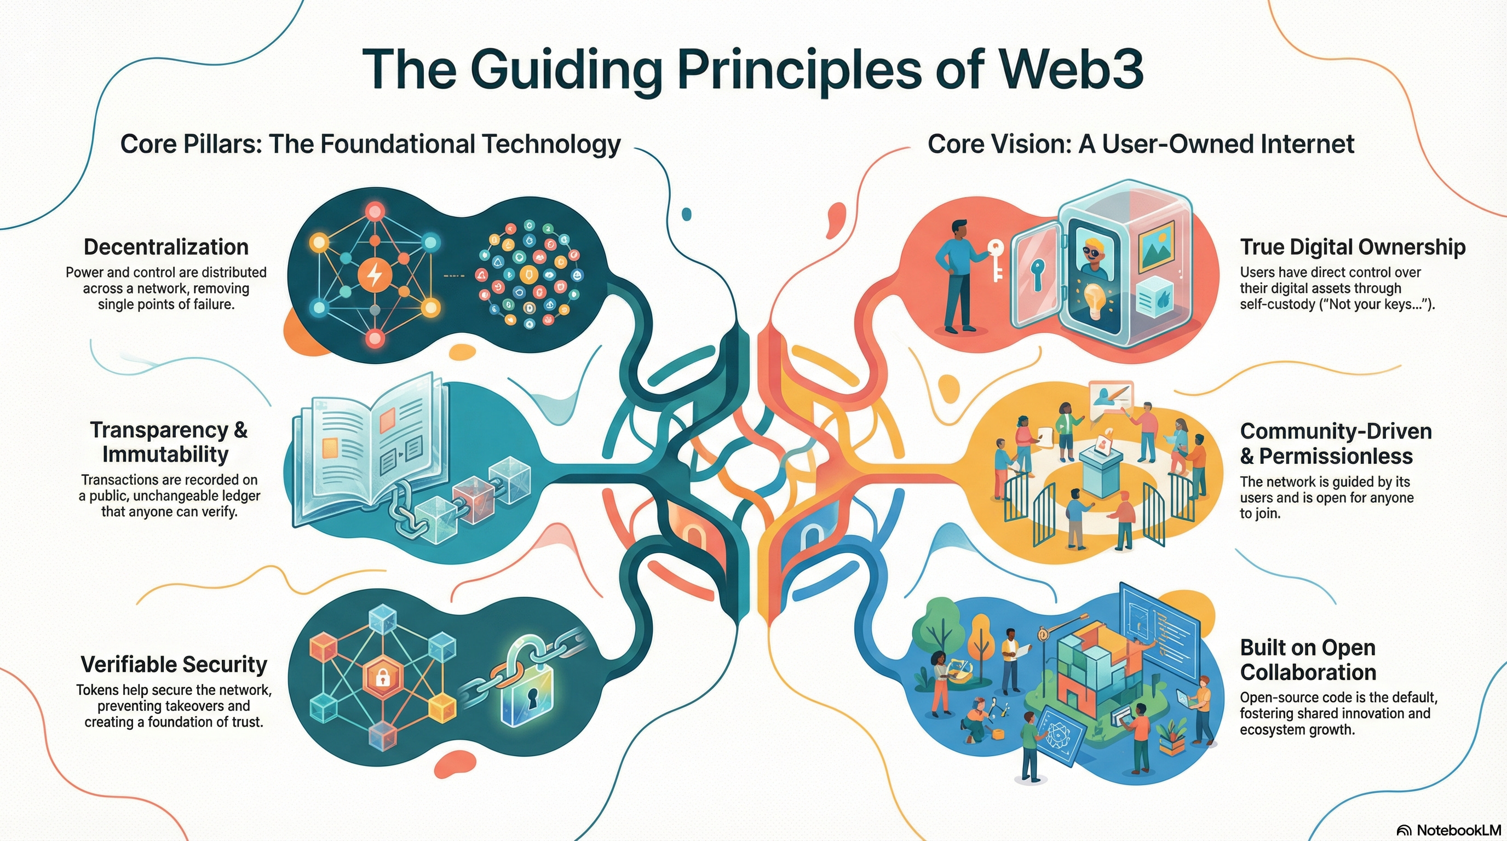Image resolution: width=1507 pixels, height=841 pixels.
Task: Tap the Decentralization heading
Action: coord(166,247)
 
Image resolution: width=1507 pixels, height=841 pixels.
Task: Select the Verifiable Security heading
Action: coord(174,664)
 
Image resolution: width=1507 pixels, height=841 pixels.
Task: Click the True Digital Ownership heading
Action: coord(1353,247)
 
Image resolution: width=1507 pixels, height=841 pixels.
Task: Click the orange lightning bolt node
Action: coord(375,275)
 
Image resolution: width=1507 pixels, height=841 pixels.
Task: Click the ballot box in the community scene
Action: coord(1101,468)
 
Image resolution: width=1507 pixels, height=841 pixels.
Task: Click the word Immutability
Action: coord(165,454)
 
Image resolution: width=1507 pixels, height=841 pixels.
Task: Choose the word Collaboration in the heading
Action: coord(1308,672)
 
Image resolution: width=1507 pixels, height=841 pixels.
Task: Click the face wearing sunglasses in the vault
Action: coord(1093,255)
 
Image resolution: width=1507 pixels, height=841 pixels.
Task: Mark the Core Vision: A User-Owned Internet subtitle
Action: coord(1141,144)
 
